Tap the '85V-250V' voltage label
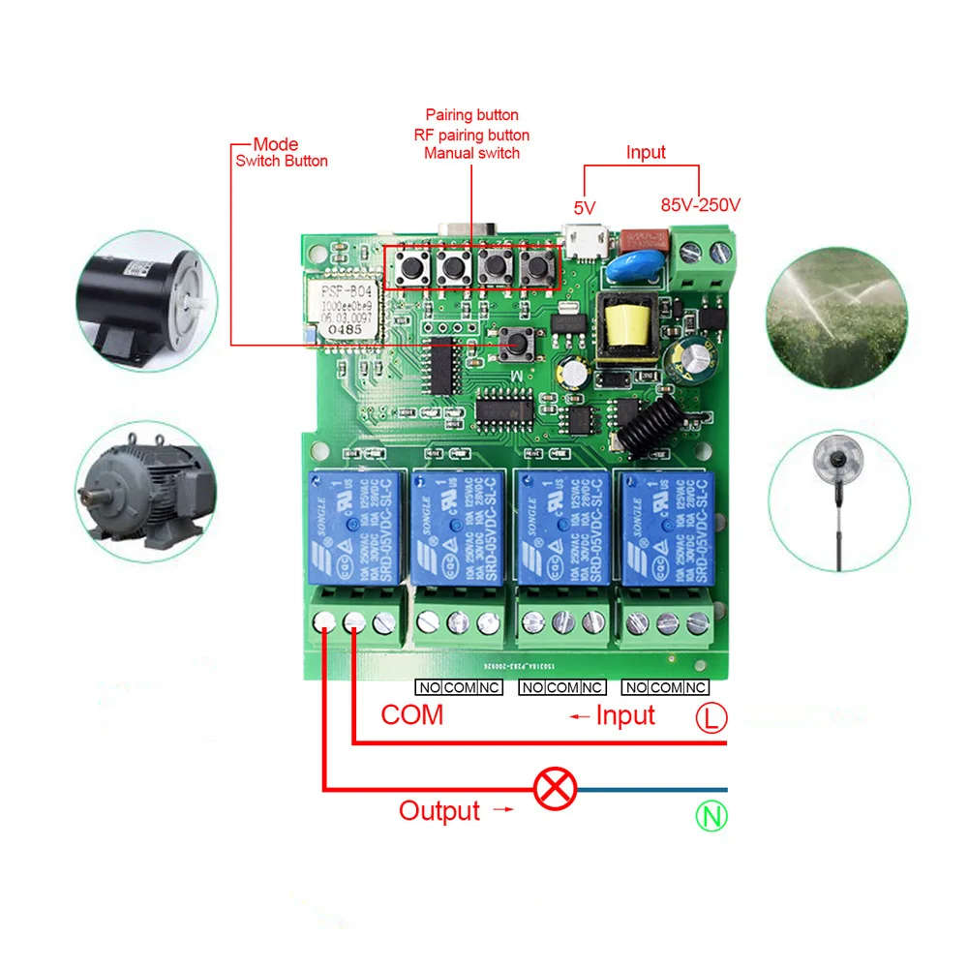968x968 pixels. coord(700,205)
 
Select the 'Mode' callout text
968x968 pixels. coord(276,144)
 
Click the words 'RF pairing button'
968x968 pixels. coord(471,135)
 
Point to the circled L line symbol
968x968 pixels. coord(711,717)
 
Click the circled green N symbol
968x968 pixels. coord(711,816)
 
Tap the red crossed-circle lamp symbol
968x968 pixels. coord(556,789)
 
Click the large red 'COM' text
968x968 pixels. coord(411,715)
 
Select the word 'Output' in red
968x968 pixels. coord(439,811)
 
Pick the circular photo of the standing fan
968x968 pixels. coord(838,499)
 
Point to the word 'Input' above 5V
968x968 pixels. coord(646,152)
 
